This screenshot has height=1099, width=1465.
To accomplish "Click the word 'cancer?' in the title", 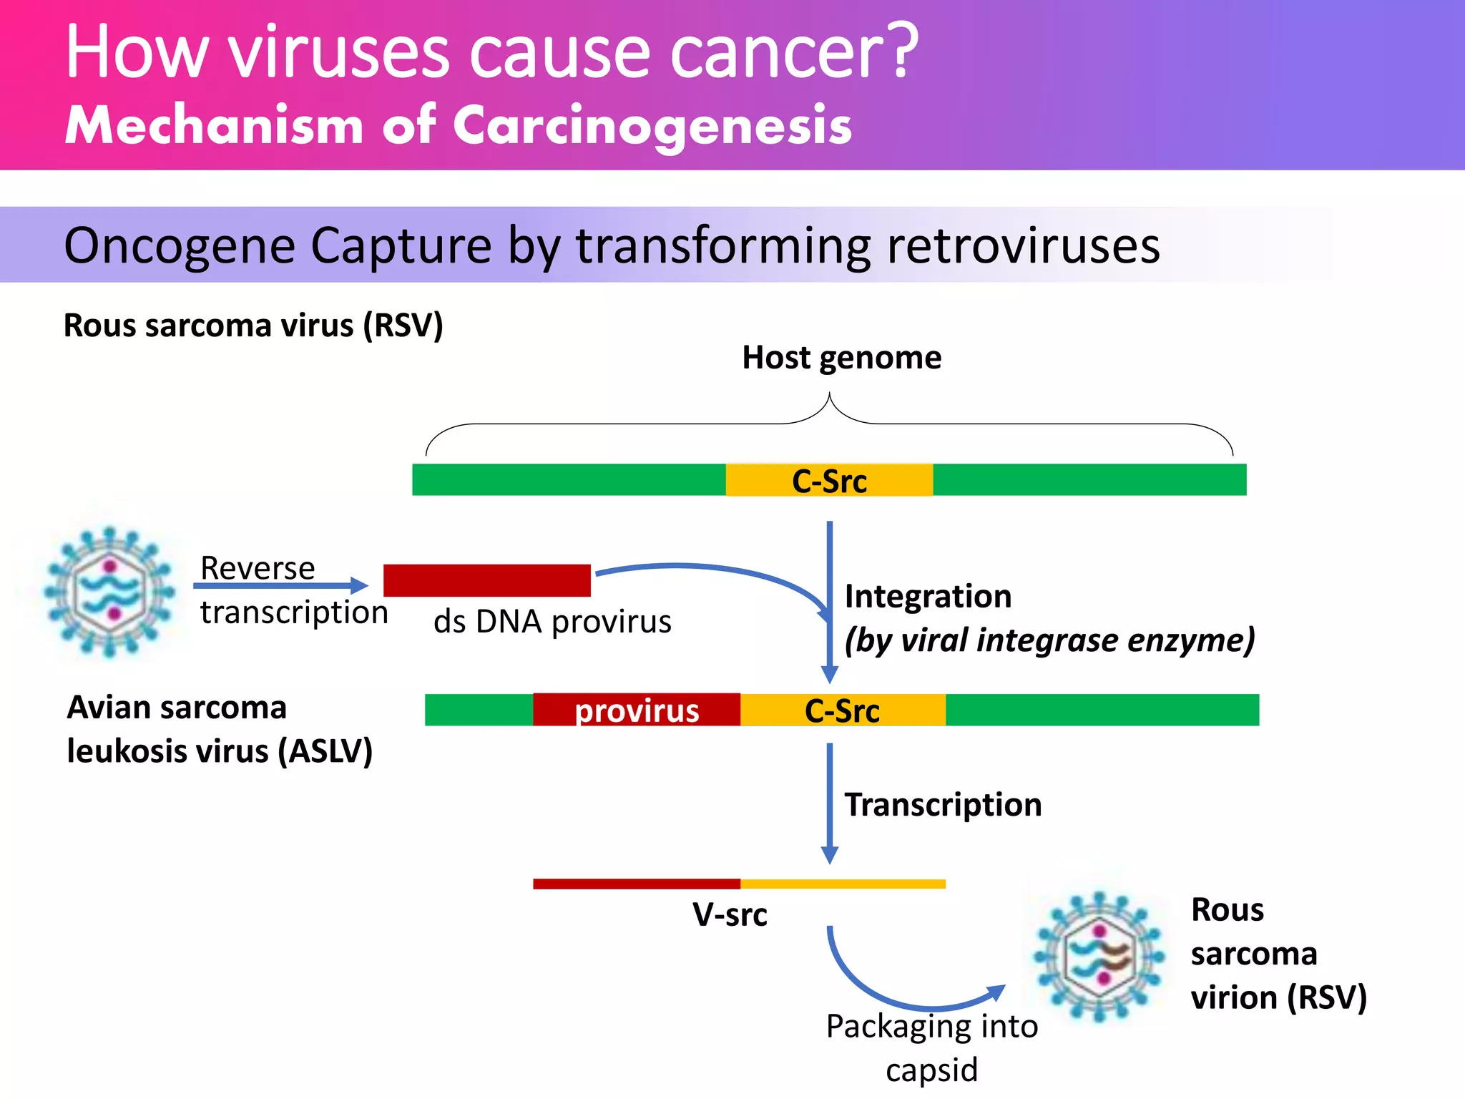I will point(794,52).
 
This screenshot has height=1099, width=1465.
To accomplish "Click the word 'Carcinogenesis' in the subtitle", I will point(652,126).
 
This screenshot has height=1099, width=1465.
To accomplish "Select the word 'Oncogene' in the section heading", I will point(179,245).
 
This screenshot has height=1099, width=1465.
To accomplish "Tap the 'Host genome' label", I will point(841,357).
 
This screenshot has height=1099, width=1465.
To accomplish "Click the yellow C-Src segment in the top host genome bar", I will point(829,480).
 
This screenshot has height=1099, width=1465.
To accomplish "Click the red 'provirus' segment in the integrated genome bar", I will point(636,710).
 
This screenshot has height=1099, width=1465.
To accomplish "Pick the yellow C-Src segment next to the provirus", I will point(842,710).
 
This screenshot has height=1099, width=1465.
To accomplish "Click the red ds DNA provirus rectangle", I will point(486,580).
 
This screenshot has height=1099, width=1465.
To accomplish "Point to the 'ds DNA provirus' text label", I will point(552,621).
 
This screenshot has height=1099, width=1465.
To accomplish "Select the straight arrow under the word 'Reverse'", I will point(279,586).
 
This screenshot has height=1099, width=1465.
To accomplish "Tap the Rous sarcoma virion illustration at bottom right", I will point(1099,955).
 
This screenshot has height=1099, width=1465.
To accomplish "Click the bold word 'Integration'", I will point(928,596).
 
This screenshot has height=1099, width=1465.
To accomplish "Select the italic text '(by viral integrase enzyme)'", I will point(1049,640).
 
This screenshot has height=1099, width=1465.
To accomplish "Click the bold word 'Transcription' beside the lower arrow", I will point(943,804).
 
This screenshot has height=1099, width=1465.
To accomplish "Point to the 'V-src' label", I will point(730,914).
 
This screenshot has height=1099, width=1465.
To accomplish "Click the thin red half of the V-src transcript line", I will point(636,884).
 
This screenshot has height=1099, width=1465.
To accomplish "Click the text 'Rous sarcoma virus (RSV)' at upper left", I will point(253,326).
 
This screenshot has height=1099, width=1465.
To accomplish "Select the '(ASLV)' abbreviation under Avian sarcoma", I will point(325,751).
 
